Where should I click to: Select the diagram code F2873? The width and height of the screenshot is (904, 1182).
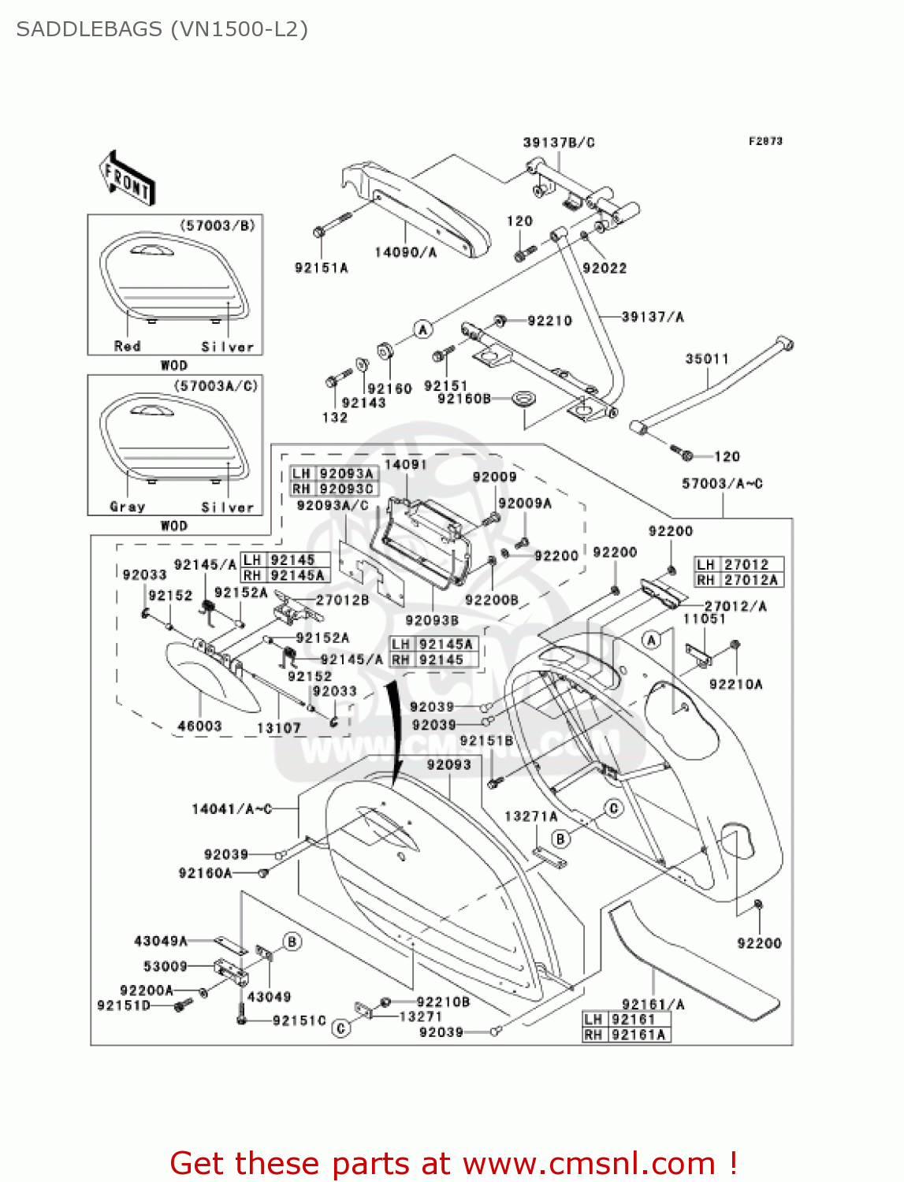tap(764, 141)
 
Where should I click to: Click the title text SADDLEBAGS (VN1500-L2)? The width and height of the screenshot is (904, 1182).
tap(162, 29)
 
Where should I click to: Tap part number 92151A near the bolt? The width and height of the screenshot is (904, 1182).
tap(321, 268)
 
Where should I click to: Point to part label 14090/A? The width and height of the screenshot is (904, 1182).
tap(405, 252)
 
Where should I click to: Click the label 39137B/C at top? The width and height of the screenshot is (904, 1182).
tap(558, 143)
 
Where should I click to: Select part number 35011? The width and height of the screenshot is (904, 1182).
tap(707, 359)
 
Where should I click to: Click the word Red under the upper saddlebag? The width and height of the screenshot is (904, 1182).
tap(127, 346)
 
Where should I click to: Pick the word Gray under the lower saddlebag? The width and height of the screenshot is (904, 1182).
tap(127, 507)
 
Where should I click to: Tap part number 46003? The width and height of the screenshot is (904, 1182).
tap(199, 726)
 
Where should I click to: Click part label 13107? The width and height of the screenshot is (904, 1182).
tap(279, 728)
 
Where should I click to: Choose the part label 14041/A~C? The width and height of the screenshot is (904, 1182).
tap(232, 808)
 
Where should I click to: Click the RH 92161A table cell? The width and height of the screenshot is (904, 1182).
tap(626, 1035)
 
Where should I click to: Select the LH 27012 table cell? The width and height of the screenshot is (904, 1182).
tap(738, 564)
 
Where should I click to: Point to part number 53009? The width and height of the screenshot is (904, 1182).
tap(165, 966)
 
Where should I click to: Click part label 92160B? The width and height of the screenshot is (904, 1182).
tap(463, 399)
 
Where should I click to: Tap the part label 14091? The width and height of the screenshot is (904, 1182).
tap(405, 465)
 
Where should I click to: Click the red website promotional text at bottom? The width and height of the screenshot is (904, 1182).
tap(453, 1163)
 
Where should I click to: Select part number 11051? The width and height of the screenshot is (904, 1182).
tap(704, 619)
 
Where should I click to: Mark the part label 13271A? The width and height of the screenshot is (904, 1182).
tap(530, 816)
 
